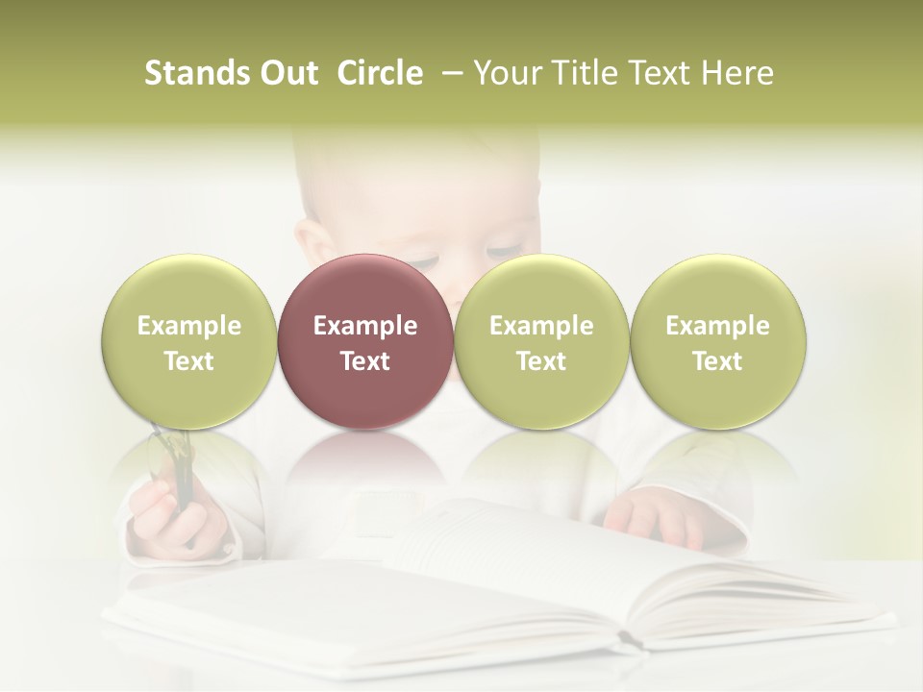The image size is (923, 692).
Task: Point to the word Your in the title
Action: tap(507, 73)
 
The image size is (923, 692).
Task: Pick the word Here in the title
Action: tap(738, 73)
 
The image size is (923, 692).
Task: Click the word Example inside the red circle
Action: tap(364, 326)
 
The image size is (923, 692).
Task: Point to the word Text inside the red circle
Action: tap(364, 361)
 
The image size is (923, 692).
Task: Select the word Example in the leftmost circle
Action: tap(188, 326)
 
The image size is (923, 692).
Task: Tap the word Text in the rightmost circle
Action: tap(717, 361)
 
